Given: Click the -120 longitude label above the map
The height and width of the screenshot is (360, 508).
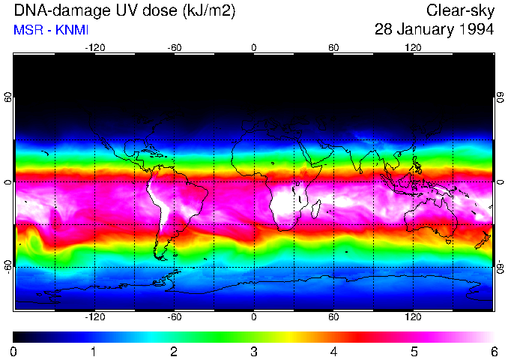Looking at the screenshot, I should tap(94, 47).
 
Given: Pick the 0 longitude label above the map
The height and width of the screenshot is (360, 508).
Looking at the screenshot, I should tap(254, 47).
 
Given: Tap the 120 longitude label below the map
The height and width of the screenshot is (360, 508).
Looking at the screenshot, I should tap(413, 317).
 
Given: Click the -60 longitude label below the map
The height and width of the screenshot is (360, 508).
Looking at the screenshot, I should tap(174, 317).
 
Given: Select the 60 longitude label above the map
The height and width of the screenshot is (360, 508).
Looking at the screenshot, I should tap(333, 47).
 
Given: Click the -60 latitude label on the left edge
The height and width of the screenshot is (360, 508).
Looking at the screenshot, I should tap(8, 263).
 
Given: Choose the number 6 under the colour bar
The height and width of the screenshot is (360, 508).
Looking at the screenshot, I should tap(493, 351).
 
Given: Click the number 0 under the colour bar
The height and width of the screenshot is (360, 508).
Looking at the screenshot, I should tap(14, 351).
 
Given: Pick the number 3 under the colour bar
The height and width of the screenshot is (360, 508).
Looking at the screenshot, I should tap(254, 351).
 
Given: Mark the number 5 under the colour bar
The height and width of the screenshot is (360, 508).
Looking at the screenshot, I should tap(414, 351).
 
